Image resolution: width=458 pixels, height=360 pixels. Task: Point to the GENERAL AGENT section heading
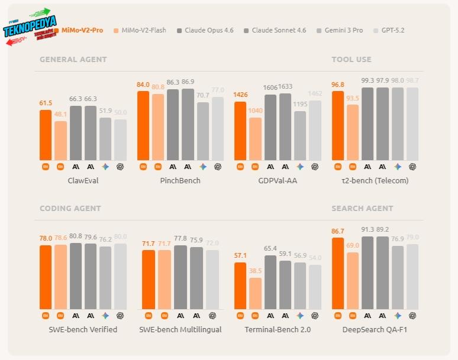point(73,59)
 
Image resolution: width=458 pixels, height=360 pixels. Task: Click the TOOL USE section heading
point(351,59)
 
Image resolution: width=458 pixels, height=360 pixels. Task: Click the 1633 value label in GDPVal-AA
point(285,87)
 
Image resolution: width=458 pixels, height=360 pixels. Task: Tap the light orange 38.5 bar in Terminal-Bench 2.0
point(255,293)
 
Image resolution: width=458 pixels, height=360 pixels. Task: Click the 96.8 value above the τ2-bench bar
point(338,85)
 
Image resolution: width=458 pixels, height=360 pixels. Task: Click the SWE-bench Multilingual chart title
point(180,329)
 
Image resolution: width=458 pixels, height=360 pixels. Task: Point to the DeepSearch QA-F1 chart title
point(375,329)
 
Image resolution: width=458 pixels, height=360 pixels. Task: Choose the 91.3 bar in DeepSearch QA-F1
point(367,273)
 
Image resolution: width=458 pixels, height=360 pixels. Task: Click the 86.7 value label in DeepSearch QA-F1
point(338,231)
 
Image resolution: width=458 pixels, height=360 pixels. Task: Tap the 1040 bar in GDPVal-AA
point(255,139)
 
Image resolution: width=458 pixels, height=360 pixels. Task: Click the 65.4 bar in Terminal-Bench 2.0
point(270,282)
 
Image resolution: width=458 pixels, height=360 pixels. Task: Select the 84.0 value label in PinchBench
point(143,85)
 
